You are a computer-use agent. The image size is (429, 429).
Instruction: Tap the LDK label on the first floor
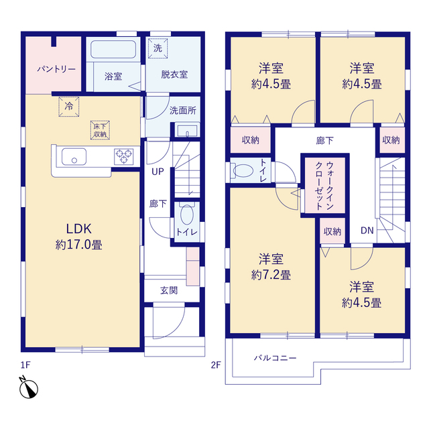coord(79,229)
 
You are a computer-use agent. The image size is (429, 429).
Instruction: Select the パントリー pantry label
coord(56,68)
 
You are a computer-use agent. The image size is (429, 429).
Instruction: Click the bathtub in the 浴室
coord(113,49)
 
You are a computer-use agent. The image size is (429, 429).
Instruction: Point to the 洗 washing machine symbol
coord(158,48)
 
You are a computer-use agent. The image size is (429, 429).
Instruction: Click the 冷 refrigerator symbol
coord(69,107)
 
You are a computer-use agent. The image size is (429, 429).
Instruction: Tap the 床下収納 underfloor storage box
coord(100,130)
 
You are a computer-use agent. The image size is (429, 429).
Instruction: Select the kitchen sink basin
coord(74,157)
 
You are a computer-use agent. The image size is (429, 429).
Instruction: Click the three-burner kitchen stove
coord(123,156)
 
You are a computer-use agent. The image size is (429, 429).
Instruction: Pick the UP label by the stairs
coord(158,172)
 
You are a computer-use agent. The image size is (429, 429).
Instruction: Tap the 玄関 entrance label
coord(169,290)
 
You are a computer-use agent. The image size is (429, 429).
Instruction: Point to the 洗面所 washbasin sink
coord(188,131)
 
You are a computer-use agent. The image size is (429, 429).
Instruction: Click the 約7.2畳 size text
coord(271,275)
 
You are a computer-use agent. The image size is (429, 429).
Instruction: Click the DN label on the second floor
coord(367,231)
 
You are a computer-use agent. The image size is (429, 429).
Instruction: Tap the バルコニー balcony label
coord(275,358)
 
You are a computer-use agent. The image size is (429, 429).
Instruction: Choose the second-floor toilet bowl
coord(243,170)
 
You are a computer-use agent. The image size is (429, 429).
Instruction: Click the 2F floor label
coord(216,365)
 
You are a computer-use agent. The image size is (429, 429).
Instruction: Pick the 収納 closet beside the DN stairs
coord(332,231)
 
